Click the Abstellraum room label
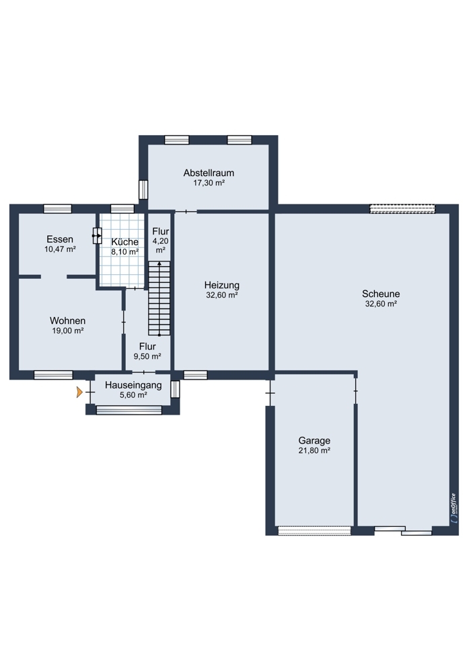209,173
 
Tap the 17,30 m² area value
209,183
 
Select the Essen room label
60,239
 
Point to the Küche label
125,242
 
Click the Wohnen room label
68,321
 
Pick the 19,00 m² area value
68,331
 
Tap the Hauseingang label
133,385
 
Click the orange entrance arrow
79,392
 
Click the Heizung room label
222,285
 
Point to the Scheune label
381,294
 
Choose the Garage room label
314,441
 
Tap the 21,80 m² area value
314,450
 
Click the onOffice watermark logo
453,508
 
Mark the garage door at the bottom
314,531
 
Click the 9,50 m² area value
147,356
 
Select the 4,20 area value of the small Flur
161,241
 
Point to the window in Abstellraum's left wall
143,190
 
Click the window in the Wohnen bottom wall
54,375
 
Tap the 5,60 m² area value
133,395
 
